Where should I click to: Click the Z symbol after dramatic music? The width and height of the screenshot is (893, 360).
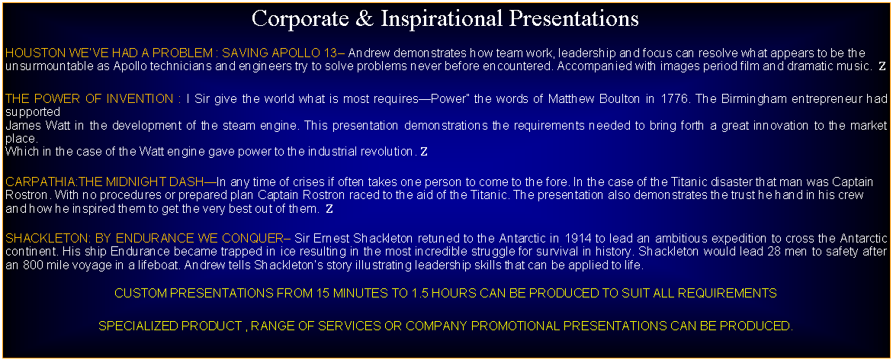point(882,66)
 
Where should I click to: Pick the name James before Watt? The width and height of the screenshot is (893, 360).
point(19,125)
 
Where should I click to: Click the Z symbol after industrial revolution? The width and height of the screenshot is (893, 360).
point(423,152)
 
